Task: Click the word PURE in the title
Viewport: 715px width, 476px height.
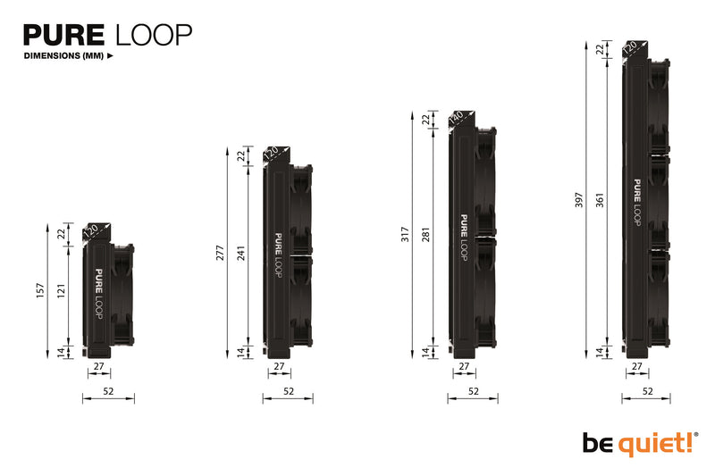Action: tap(63, 35)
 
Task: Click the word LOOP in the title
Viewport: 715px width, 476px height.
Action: tap(153, 35)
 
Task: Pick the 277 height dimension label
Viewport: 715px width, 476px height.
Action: tap(220, 252)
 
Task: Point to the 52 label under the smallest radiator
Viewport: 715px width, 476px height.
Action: tap(108, 391)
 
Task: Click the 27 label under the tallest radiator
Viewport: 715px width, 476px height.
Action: tap(636, 366)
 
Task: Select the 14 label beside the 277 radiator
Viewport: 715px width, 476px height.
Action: tap(241, 352)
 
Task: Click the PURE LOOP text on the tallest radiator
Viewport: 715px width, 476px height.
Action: tap(638, 203)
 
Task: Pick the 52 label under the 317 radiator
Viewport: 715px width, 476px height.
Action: tap(473, 391)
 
